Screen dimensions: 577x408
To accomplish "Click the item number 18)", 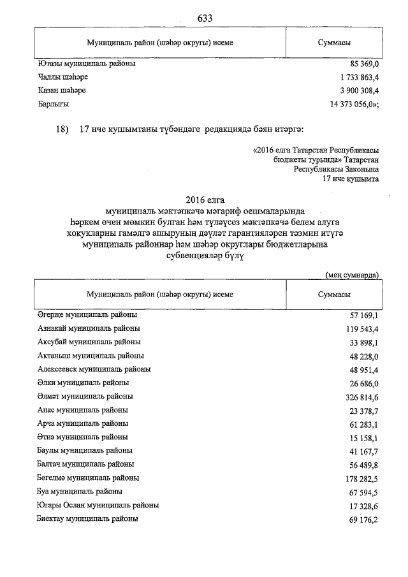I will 62,129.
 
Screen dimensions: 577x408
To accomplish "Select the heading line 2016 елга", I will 204,198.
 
